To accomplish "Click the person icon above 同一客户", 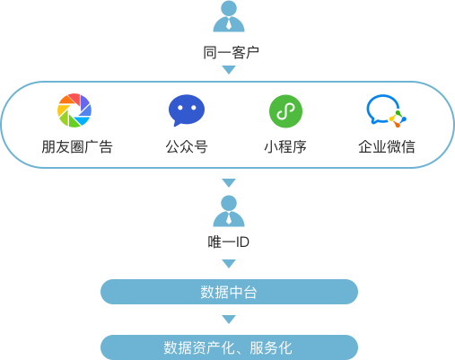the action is point(229,16).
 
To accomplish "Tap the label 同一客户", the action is point(231,53).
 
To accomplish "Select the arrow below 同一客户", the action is point(229,70).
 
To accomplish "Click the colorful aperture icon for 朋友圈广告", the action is point(74,110).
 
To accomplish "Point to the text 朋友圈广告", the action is point(77,147).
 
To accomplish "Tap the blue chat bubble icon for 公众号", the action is point(187,110).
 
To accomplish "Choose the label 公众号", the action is point(187,147).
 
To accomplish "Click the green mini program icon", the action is point(285,111).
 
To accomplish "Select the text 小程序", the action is point(285,147).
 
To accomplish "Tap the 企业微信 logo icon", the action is point(386,110).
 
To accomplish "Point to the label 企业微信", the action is point(387,147).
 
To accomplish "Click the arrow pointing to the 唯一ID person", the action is point(229,183).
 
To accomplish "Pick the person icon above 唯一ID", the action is point(229,211).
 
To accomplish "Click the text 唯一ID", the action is point(229,241).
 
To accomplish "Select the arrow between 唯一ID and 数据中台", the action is point(229,264).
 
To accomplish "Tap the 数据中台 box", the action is point(229,292).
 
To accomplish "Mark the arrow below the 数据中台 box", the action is point(229,320).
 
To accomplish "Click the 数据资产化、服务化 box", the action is point(229,347).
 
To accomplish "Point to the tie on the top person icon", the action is point(229,23).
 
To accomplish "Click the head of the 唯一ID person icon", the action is point(229,203).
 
